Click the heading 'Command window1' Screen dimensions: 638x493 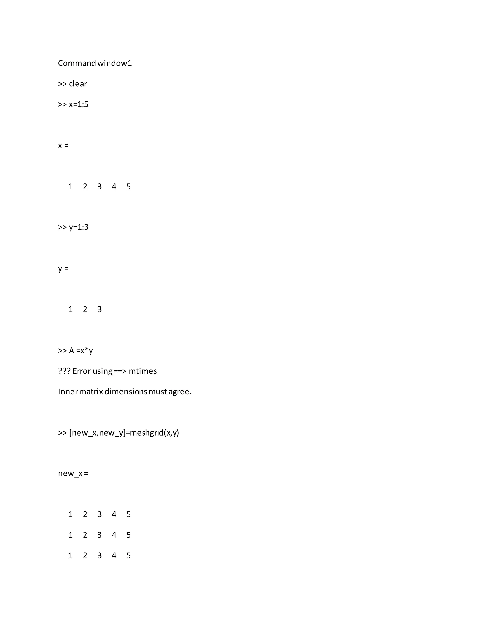[95, 63]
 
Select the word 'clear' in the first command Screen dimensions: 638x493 [78, 84]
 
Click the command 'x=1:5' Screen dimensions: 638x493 [78, 104]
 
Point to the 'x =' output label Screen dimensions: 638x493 [63, 145]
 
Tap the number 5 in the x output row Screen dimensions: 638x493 [129, 186]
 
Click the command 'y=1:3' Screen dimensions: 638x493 [78, 227]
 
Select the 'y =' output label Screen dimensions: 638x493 [63, 268]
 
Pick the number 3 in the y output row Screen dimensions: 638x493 [100, 309]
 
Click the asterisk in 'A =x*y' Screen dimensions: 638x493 [87, 349]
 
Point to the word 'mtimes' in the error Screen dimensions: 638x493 [143, 371]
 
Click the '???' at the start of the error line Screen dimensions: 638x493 [64, 371]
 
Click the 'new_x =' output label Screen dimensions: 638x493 [73, 473]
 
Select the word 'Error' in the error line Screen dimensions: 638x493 [82, 371]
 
